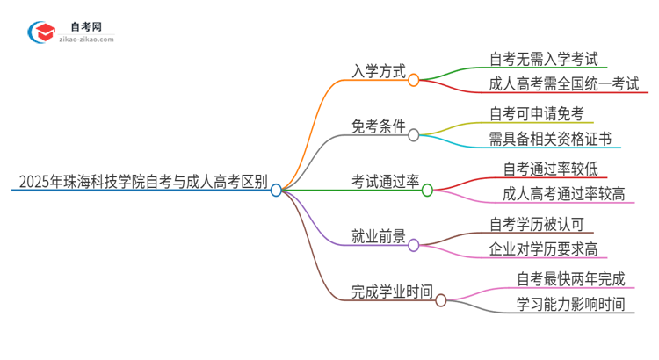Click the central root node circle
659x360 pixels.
[x=276, y=190]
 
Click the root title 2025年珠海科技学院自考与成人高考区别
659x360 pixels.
[x=142, y=184]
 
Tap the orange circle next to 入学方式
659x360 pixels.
[x=413, y=79]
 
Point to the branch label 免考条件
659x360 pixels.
[x=378, y=127]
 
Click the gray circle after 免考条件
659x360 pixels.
[x=413, y=134]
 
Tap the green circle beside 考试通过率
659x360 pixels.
[x=427, y=190]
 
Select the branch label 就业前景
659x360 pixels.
[x=378, y=238]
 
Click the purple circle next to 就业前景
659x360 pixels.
[x=413, y=245]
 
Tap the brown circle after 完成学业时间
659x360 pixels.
[x=441, y=300]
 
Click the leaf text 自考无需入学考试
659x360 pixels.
[x=543, y=60]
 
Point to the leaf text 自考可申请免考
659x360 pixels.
[x=536, y=114]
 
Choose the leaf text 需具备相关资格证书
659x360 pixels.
[x=549, y=140]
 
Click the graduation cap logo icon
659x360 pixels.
[x=40, y=32]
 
